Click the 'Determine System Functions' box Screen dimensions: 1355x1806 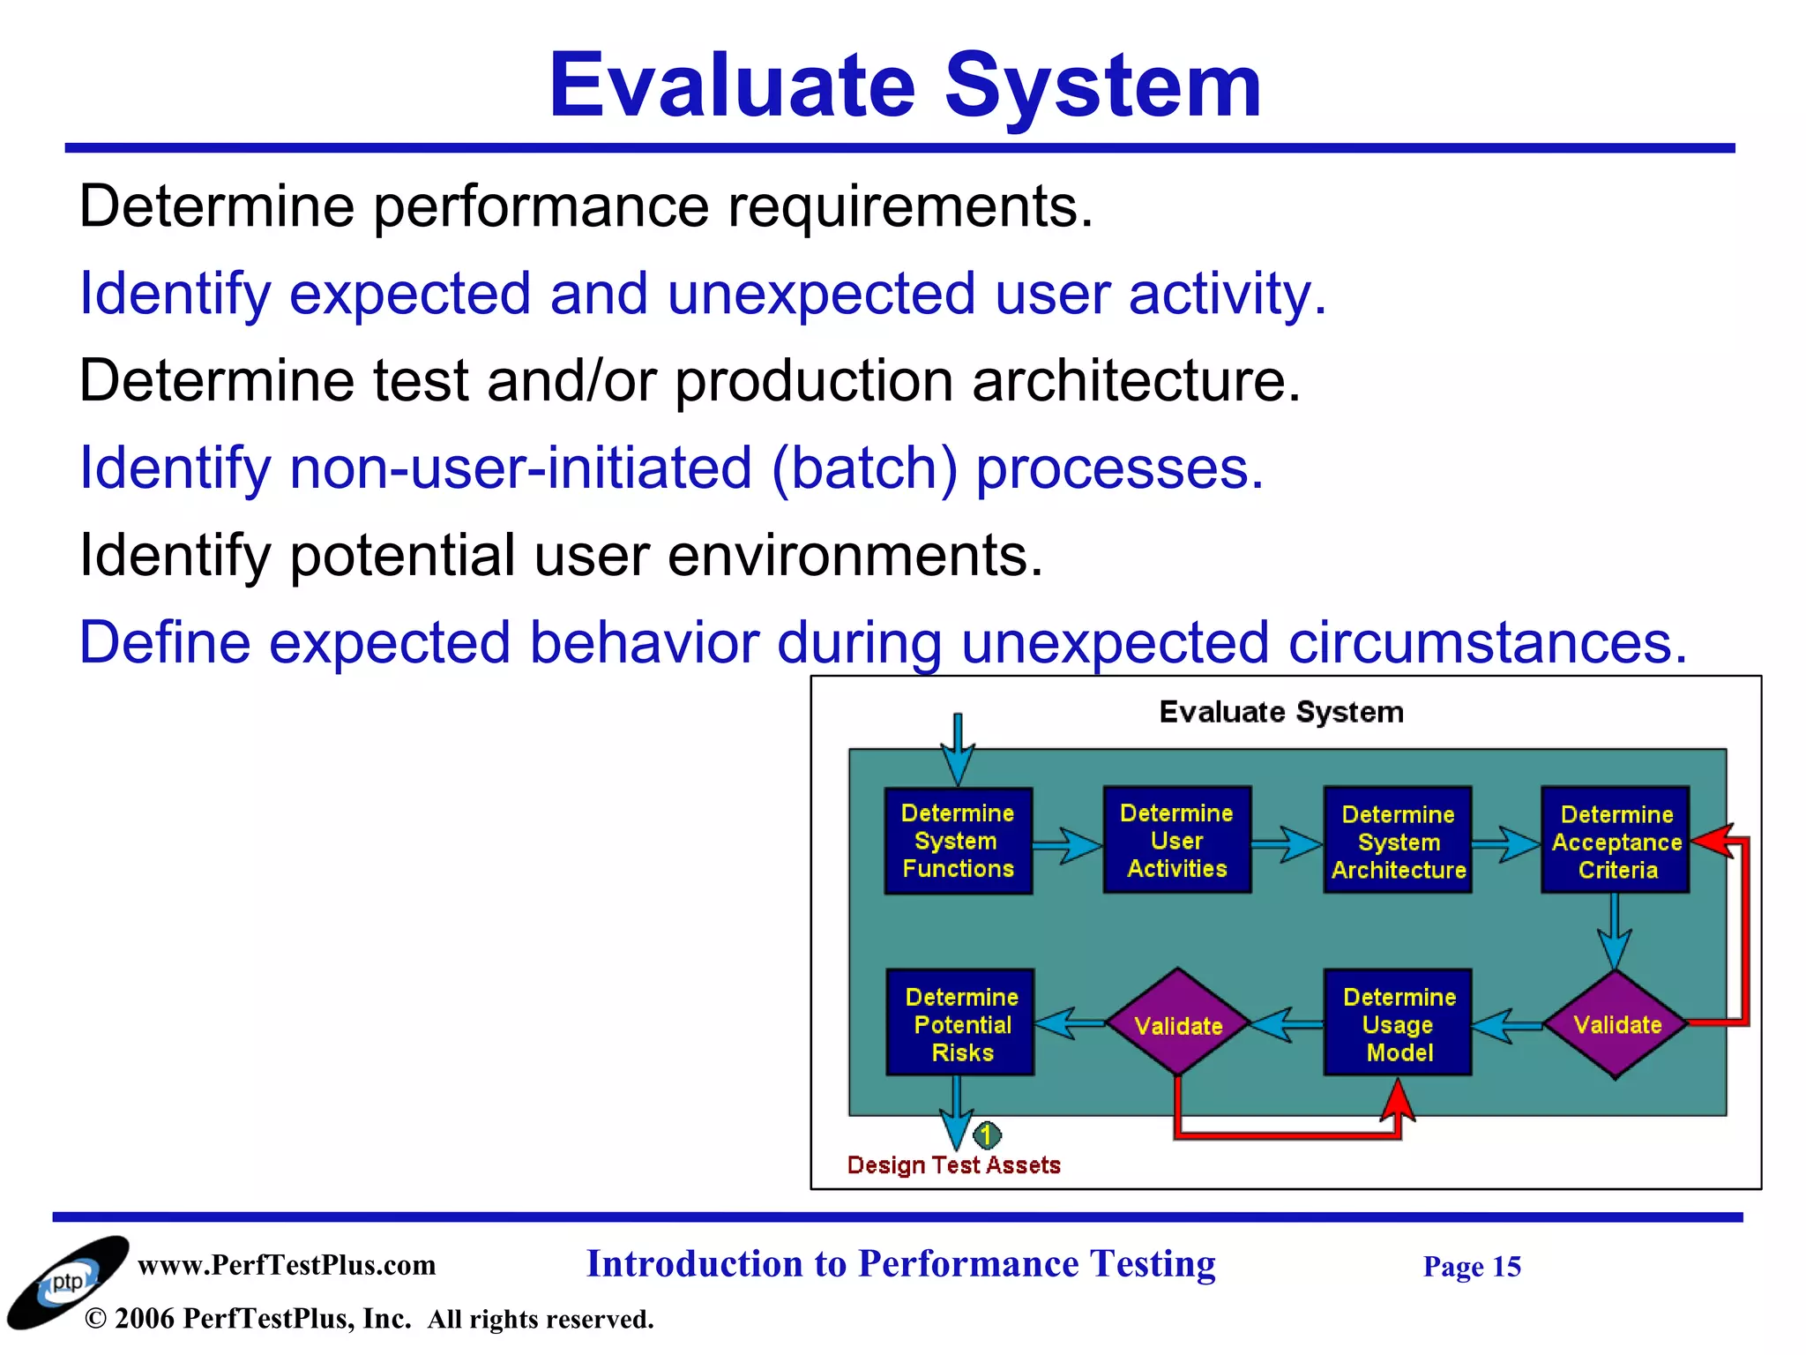tap(958, 841)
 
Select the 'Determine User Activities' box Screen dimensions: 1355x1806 tap(1176, 840)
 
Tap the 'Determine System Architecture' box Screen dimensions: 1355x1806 tap(1398, 841)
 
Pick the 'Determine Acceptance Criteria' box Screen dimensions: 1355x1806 tap(1616, 841)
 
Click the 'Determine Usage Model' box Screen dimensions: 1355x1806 tap(1398, 1023)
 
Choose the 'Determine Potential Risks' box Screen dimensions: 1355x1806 tap(960, 1023)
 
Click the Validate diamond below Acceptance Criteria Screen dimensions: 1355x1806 tap(1616, 1024)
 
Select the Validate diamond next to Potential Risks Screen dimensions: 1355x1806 tap(1178, 1024)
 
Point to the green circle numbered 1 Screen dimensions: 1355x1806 tap(987, 1134)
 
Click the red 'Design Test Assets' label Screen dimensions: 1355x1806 tap(953, 1165)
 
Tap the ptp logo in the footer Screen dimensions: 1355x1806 tap(67, 1282)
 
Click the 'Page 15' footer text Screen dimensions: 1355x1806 tap(1472, 1267)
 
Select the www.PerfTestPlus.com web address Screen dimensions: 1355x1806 tap(287, 1265)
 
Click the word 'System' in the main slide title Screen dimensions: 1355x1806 tap(1102, 86)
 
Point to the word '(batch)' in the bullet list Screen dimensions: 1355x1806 tap(864, 468)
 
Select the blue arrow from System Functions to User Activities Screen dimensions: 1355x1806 tap(1068, 845)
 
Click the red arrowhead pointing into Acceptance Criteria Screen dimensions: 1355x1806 tap(1711, 840)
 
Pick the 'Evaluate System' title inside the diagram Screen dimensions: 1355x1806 tap(1280, 712)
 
